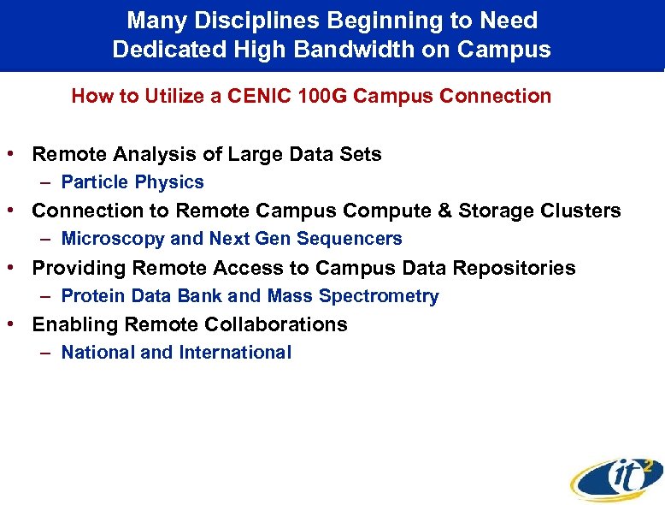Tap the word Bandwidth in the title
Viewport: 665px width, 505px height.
pos(336,50)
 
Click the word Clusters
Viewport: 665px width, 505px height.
pos(584,211)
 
